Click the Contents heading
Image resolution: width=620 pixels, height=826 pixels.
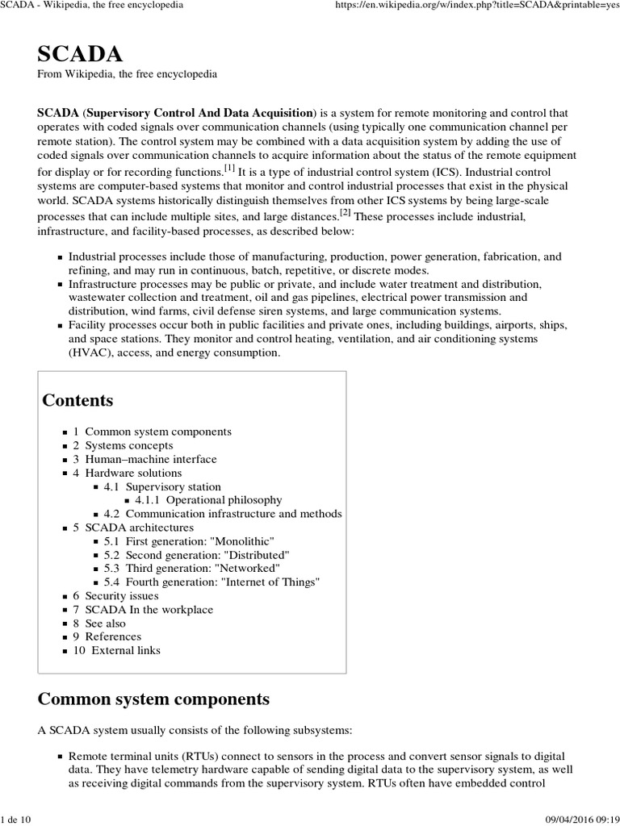point(77,400)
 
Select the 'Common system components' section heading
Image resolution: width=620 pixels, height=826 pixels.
point(153,698)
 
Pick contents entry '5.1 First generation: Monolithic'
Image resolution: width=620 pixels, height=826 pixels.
point(190,541)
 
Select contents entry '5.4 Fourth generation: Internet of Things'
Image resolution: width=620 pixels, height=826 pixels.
point(212,582)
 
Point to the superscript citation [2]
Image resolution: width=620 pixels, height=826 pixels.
point(346,213)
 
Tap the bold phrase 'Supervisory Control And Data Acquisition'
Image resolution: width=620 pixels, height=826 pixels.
point(200,112)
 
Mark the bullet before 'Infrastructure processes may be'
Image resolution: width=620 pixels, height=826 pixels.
point(60,286)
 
